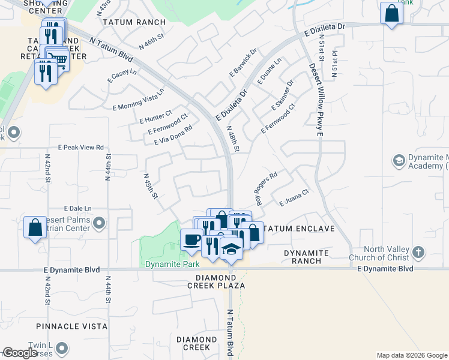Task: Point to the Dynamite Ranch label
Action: pos(306,253)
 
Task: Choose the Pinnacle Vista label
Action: pos(71,326)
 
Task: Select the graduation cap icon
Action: pos(231,248)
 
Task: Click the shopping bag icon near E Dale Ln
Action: pos(35,227)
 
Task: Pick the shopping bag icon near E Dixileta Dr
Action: pos(391,13)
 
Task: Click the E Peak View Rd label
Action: pos(81,147)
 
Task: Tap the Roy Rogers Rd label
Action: pos(267,189)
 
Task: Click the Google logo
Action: pos(20,353)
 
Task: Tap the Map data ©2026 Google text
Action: pos(411,355)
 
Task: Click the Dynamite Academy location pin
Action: pos(399,160)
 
